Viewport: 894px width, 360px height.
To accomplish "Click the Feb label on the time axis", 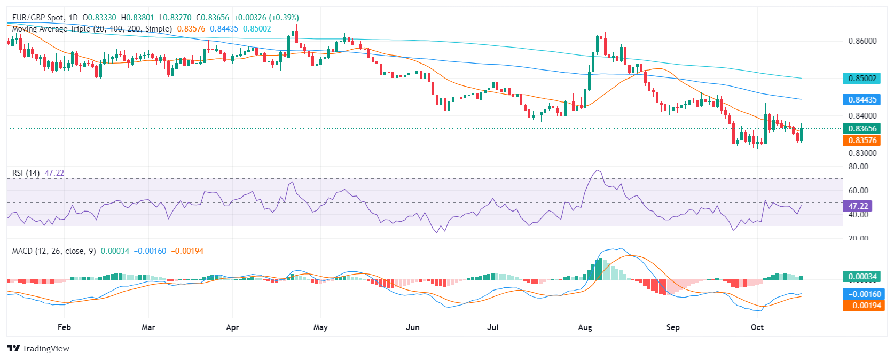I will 64,327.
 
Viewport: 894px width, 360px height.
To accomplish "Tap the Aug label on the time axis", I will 585,327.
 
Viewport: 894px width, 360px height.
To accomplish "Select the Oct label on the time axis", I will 757,327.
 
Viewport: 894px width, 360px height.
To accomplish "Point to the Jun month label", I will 412,327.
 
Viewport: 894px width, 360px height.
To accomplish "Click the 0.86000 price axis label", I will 862,41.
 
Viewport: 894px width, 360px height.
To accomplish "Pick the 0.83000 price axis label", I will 862,153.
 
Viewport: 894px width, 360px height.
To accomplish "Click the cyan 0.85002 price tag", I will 862,79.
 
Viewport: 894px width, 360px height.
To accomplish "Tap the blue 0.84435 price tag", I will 862,100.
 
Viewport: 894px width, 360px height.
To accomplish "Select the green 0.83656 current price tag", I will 862,129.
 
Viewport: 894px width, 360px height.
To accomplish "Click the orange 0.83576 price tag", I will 862,140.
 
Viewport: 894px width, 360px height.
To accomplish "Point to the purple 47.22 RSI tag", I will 858,206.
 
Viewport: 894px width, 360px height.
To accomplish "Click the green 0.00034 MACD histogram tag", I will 862,277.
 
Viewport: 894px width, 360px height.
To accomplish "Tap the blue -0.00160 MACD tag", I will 864,294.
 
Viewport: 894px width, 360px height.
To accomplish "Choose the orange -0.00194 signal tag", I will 864,306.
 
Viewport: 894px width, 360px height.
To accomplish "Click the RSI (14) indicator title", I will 26,173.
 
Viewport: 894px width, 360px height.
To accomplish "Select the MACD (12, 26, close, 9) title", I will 54,251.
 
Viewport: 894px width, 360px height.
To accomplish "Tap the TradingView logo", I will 38,349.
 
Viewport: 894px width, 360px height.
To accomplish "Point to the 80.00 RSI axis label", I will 858,167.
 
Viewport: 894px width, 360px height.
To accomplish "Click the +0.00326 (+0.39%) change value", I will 266,18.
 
